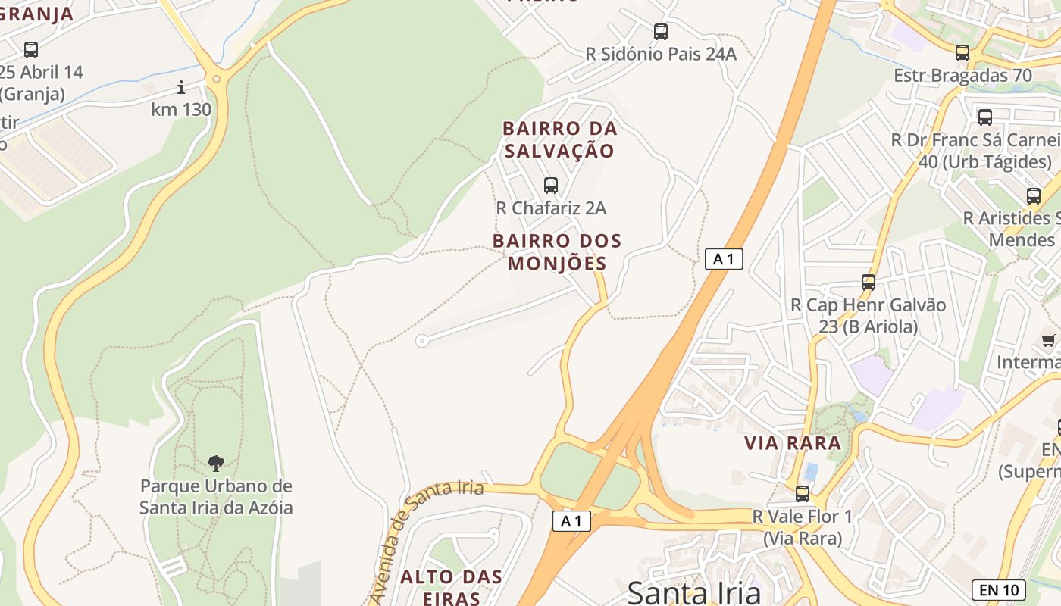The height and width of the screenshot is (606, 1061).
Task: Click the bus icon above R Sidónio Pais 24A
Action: click(661, 32)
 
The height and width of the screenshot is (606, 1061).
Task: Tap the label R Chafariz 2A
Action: click(551, 208)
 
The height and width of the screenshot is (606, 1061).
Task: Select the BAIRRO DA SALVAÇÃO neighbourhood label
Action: click(560, 139)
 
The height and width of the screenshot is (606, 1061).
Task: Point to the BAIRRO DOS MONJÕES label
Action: click(557, 252)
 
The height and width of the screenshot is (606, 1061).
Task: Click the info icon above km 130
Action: click(181, 87)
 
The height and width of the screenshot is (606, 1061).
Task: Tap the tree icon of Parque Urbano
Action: click(216, 463)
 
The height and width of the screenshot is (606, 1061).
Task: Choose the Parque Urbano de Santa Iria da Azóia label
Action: click(216, 497)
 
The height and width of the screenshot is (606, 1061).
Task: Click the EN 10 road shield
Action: click(998, 589)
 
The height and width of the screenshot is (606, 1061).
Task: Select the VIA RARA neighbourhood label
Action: click(793, 443)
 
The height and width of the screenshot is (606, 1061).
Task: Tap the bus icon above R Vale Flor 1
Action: click(803, 494)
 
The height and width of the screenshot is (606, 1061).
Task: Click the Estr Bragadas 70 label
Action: click(962, 76)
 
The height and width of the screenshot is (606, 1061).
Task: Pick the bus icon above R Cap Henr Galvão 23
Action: click(869, 283)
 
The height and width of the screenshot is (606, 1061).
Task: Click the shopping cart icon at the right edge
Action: click(1049, 340)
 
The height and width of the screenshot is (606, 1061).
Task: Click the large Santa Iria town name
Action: click(694, 592)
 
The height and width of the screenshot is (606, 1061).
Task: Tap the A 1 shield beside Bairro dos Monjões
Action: click(723, 259)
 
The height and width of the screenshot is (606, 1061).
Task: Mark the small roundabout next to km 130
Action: click(217, 78)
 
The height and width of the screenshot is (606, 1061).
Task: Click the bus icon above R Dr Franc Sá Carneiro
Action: click(985, 117)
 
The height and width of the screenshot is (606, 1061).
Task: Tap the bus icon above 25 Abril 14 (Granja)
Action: click(31, 50)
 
